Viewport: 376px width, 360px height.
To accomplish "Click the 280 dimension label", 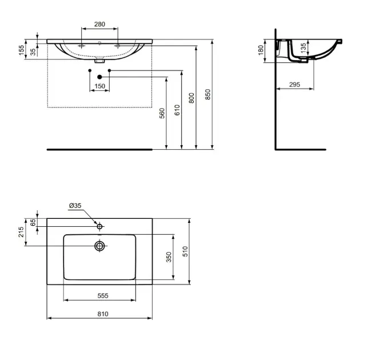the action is click(99, 24).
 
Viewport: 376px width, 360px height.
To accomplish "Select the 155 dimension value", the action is click(22, 50).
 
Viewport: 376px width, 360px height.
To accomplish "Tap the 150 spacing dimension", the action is click(100, 86).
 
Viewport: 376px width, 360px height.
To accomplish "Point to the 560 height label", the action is click(162, 113).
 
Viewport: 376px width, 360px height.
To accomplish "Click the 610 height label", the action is click(177, 110).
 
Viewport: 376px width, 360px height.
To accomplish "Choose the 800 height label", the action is click(191, 98).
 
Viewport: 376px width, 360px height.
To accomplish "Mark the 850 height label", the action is click(208, 94).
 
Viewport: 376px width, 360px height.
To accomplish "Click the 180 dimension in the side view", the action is click(261, 50).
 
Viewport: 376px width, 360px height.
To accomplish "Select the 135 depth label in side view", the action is click(303, 48).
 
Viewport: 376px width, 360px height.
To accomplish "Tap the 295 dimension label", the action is click(294, 85).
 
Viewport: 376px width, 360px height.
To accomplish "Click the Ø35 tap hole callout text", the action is click(75, 206).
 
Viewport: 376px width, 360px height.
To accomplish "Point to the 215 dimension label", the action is click(21, 232).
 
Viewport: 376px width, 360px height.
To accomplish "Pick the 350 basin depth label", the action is click(169, 257).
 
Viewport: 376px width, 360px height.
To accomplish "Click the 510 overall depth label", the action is click(185, 251).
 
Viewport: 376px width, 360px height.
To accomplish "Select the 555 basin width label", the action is click(103, 296).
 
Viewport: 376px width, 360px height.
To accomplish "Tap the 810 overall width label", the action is click(103, 314).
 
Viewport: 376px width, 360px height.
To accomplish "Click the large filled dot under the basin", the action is click(100, 77).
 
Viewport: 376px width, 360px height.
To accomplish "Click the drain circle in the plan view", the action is click(99, 246).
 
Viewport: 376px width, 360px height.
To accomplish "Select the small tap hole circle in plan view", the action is click(99, 226).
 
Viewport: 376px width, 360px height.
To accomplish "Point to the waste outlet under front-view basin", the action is click(99, 61).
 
